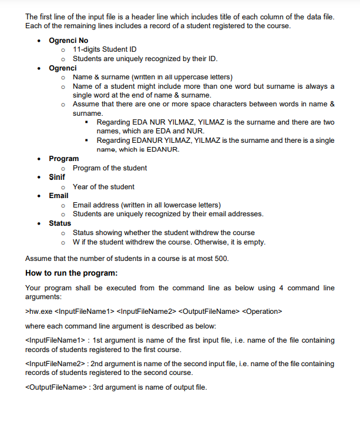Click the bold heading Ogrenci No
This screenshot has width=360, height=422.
click(68, 39)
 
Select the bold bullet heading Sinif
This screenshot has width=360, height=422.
click(57, 177)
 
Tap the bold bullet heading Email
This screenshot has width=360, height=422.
click(58, 195)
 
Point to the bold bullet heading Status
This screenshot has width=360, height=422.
click(59, 223)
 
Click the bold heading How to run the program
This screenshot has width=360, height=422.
click(72, 273)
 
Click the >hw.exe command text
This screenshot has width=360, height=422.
click(38, 311)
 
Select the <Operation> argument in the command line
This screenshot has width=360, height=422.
click(262, 311)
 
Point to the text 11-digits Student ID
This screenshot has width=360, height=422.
click(105, 49)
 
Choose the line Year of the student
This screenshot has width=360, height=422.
click(103, 186)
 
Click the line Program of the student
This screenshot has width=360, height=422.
click(110, 168)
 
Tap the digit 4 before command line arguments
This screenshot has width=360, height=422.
click(281, 288)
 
